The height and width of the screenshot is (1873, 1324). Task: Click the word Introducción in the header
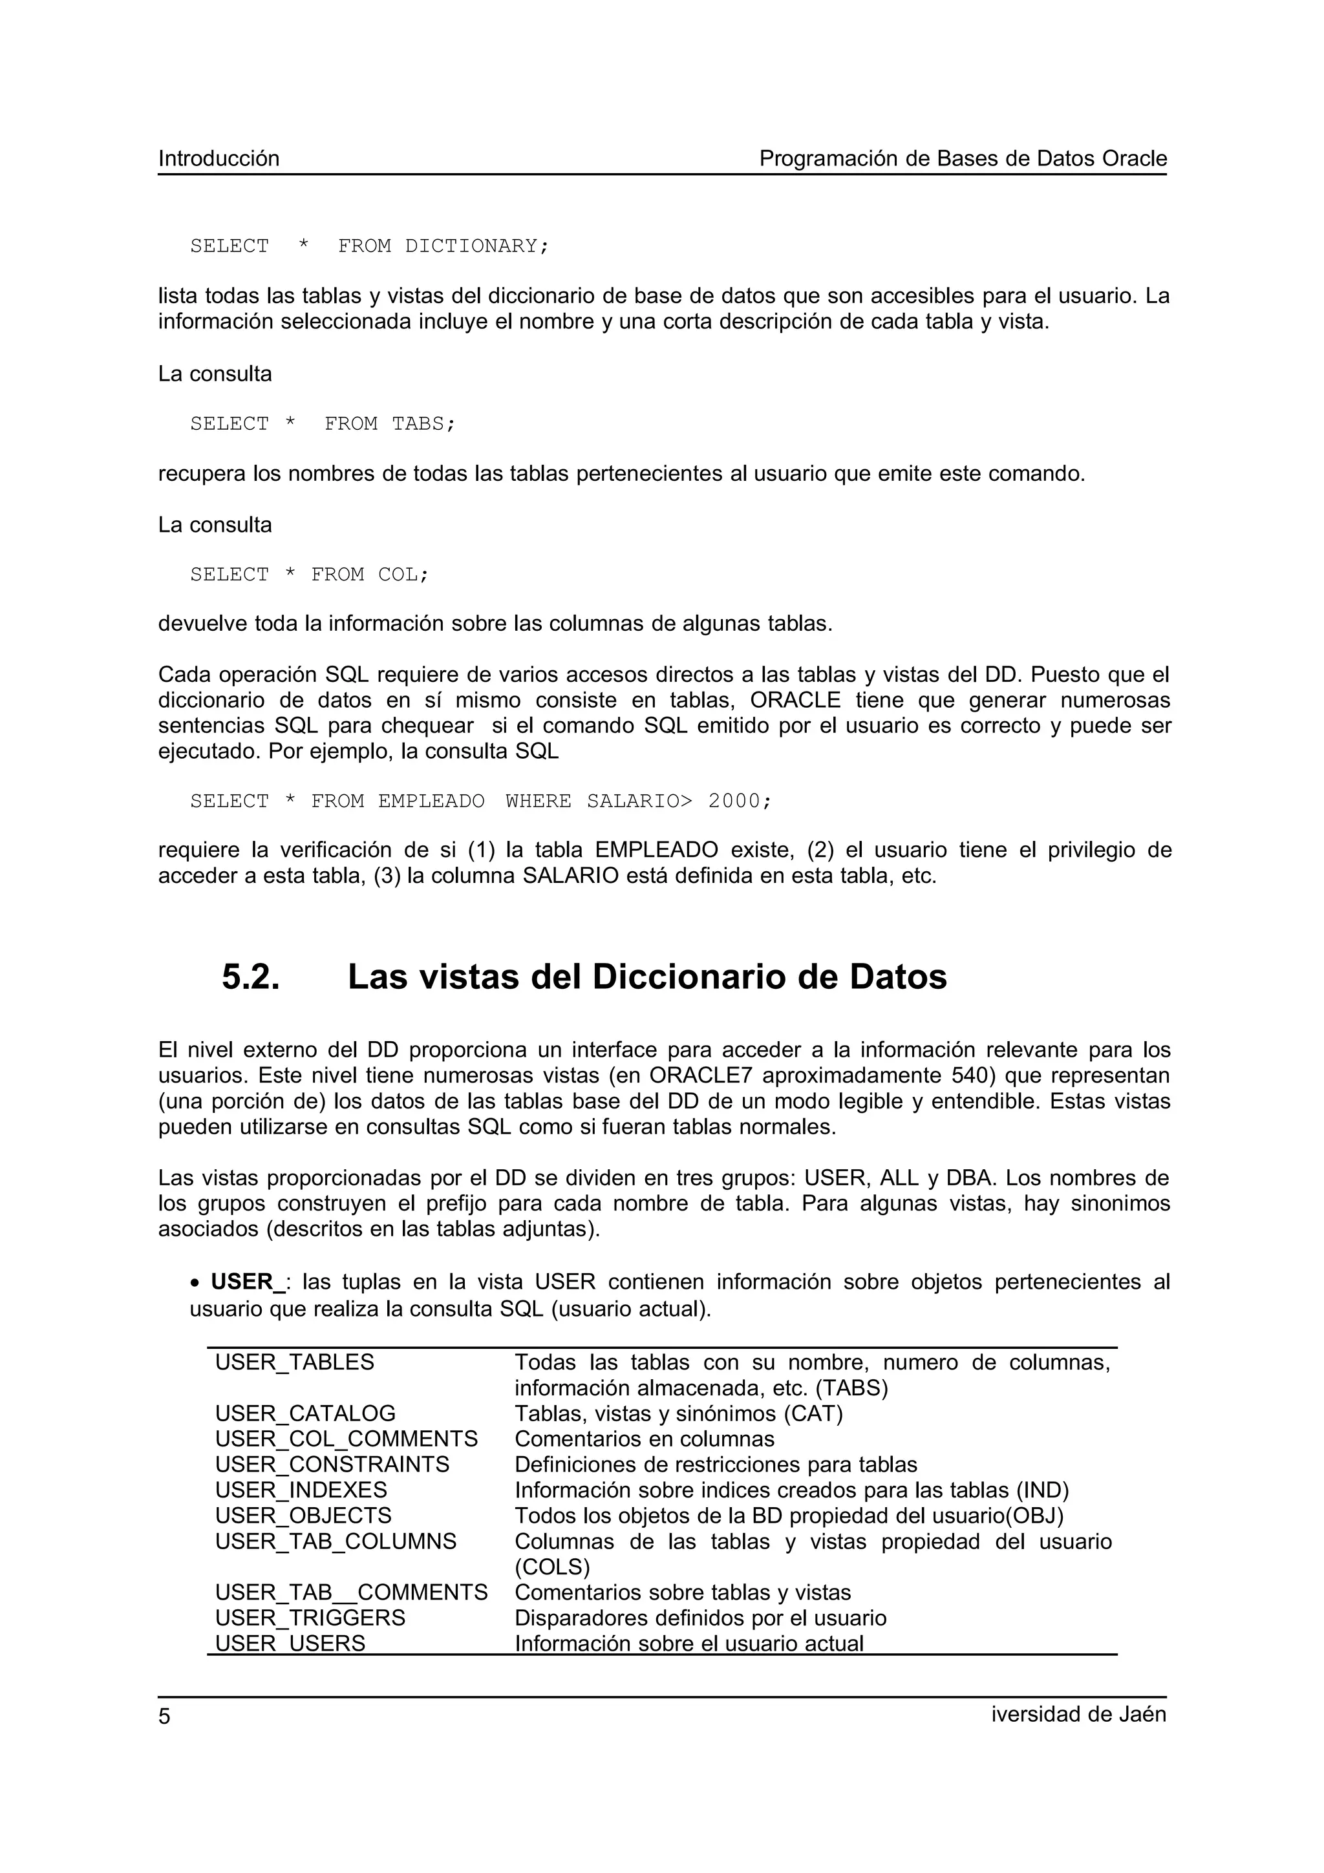tap(219, 158)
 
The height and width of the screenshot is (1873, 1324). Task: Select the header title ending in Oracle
tap(963, 158)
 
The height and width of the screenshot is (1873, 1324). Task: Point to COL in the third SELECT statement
tap(402, 575)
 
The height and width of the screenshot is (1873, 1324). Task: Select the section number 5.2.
tap(250, 977)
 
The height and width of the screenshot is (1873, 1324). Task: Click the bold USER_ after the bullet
tap(247, 1282)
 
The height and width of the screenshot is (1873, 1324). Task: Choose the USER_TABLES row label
tap(295, 1362)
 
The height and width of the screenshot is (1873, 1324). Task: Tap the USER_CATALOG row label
tap(305, 1413)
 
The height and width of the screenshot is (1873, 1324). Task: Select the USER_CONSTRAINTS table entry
tap(332, 1465)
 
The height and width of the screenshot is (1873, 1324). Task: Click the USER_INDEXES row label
tap(301, 1490)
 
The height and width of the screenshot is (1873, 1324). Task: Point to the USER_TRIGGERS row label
tap(310, 1618)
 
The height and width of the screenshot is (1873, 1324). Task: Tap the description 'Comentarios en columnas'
tap(645, 1439)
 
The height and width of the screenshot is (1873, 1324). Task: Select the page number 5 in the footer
tap(165, 1717)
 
